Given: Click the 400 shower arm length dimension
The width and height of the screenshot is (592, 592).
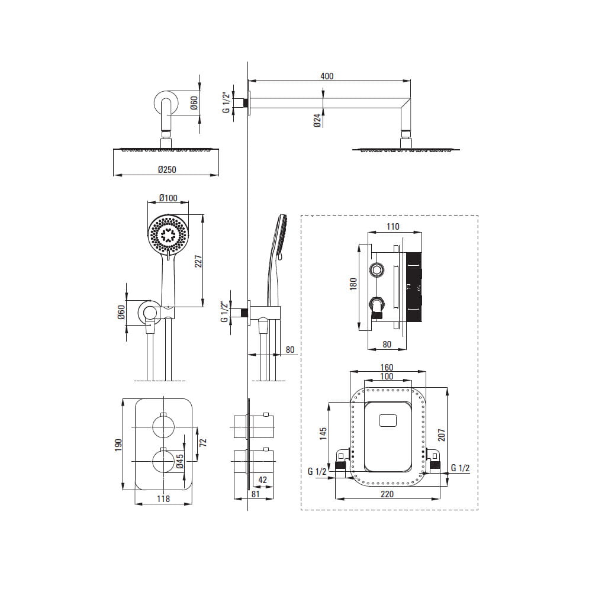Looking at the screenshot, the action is click(x=327, y=76).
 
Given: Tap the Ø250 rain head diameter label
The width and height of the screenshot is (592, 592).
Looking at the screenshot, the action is click(x=168, y=169).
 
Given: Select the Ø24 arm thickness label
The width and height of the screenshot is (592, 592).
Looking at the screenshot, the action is click(x=317, y=120).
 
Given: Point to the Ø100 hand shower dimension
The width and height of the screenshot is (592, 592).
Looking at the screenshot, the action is click(x=168, y=198).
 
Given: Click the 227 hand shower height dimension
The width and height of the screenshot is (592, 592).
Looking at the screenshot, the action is click(x=198, y=261).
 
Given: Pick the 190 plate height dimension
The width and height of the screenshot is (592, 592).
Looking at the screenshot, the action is click(x=118, y=445).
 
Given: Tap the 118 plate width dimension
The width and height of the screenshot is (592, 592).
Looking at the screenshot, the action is click(x=163, y=498).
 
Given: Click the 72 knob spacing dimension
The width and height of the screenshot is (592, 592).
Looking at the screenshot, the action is click(x=203, y=442).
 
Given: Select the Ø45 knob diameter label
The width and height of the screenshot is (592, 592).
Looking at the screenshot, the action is click(x=180, y=461).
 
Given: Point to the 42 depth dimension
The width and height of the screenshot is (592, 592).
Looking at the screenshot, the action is click(x=263, y=480).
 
